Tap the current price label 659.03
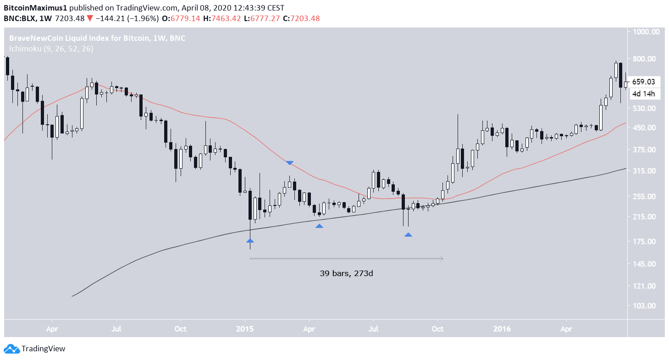(643, 82)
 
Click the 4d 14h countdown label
(643, 94)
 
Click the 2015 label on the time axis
(245, 329)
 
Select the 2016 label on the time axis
(502, 329)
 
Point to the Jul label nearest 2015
(373, 329)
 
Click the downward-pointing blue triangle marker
(290, 163)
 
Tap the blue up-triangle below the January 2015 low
(250, 240)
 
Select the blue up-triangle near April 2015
(319, 226)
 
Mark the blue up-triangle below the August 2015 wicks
(408, 234)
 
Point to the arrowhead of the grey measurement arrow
(442, 259)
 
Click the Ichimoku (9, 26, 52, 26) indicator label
(51, 49)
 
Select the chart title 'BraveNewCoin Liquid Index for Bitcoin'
(79, 39)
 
